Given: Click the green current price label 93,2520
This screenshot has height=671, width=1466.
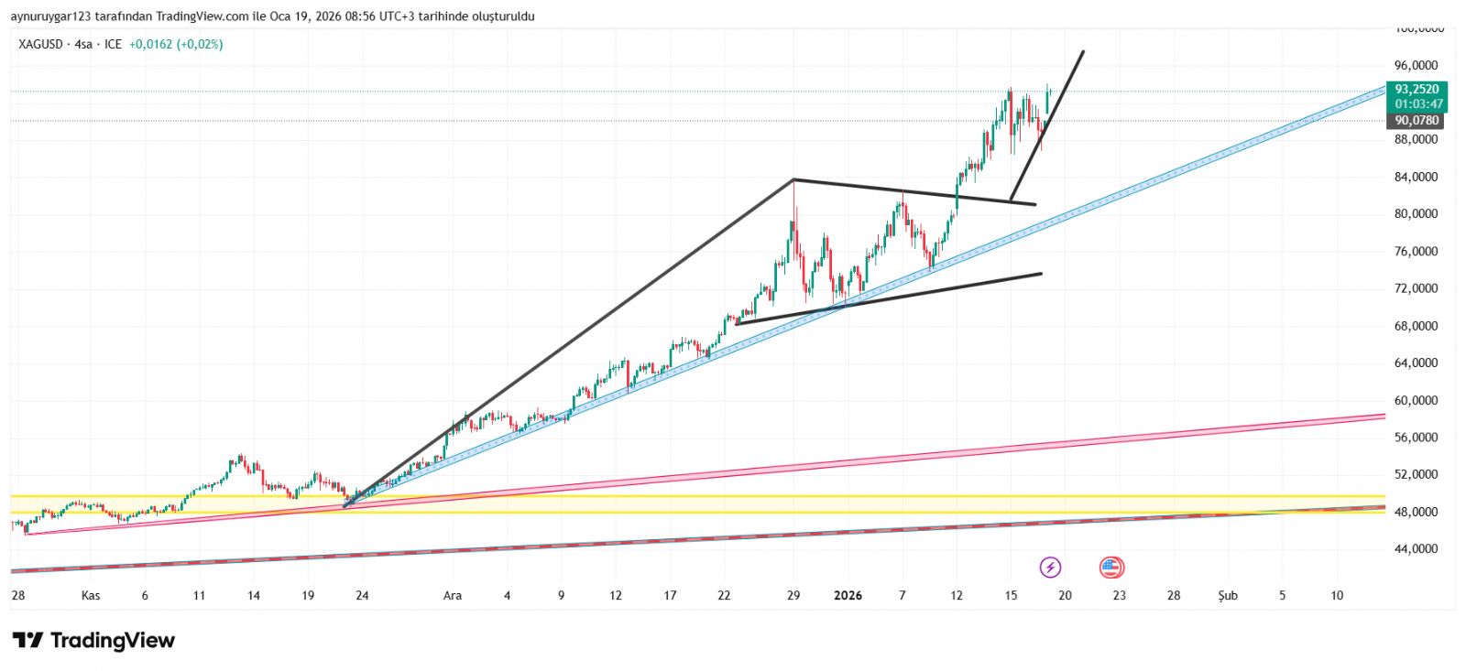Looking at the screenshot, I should click(1417, 90).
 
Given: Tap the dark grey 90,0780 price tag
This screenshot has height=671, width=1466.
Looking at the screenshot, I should click(1417, 121).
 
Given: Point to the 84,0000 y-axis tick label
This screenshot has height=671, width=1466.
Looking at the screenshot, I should click(1416, 177).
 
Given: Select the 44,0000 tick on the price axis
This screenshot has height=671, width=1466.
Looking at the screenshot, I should click(1416, 549).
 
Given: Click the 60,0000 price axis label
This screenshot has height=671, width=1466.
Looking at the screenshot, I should click(1416, 400).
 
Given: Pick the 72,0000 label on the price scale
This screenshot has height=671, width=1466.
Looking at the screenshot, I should click(1416, 288).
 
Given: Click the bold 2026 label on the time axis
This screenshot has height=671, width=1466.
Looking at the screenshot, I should click(848, 596).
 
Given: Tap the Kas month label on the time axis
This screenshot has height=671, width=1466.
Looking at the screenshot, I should click(91, 596).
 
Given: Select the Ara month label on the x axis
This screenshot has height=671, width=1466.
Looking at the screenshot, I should click(453, 596).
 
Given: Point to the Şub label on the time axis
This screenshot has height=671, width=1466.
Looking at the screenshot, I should click(1228, 596).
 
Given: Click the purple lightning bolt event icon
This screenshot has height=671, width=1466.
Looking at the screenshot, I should click(1050, 568).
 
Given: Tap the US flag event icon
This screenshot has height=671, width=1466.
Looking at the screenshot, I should click(1111, 568).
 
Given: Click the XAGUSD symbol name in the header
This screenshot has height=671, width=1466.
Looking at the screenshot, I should click(41, 44).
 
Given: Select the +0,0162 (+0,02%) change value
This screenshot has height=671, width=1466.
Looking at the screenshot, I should click(176, 44).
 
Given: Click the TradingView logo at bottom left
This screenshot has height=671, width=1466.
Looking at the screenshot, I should click(93, 640).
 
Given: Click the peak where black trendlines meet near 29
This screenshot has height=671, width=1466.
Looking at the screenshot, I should click(793, 179).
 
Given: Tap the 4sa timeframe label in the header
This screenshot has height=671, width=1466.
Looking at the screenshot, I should click(83, 44).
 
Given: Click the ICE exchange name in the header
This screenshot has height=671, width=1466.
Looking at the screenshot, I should click(113, 44).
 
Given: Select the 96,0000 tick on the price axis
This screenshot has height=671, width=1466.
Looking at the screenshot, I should click(1416, 65).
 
